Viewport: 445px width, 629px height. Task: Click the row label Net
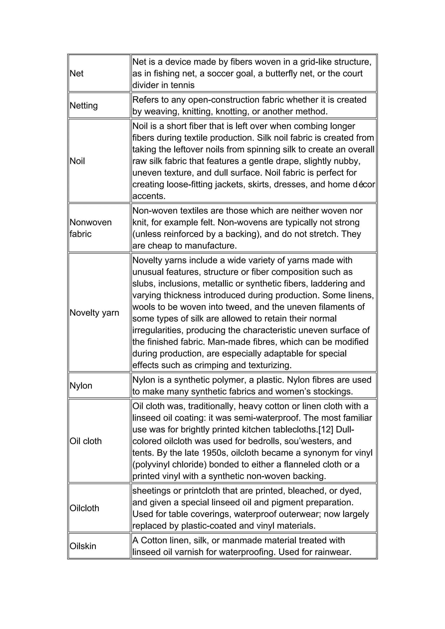[x=76, y=73]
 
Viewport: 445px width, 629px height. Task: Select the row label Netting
[x=84, y=106]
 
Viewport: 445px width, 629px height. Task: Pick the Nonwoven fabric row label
[x=90, y=228]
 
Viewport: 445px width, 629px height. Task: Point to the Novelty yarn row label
[x=94, y=313]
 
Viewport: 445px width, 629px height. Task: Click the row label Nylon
[x=81, y=386]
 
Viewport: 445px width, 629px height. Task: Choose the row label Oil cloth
[x=85, y=441]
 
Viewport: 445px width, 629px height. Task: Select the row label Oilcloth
[x=84, y=508]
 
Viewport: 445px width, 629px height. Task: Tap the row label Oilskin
[x=83, y=546]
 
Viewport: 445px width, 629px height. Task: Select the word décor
[x=363, y=184]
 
